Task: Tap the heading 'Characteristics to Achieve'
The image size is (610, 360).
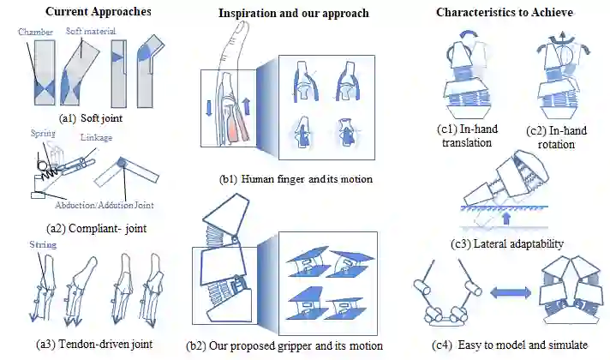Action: [505, 12]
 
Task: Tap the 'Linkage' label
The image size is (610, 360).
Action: [96, 137]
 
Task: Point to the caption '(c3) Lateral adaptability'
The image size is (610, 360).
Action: [507, 244]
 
